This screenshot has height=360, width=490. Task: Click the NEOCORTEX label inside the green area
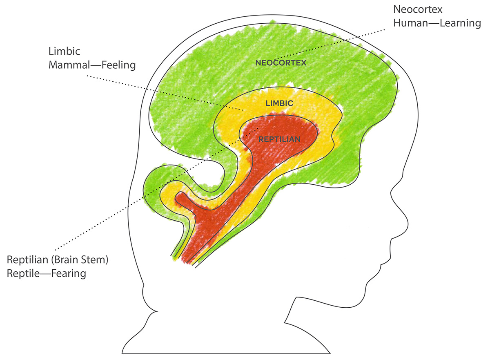point(281,63)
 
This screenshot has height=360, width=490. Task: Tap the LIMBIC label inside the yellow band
point(279,103)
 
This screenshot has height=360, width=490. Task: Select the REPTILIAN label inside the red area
point(280,139)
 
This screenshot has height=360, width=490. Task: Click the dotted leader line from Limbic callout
point(163,92)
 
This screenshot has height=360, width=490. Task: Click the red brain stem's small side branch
point(184,200)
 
